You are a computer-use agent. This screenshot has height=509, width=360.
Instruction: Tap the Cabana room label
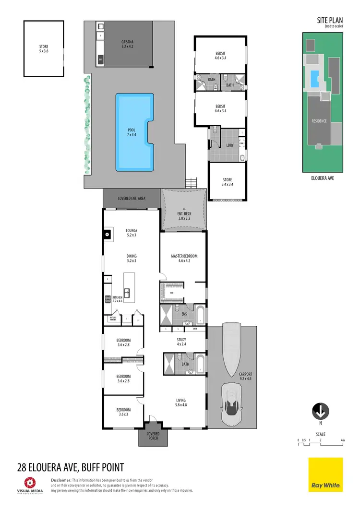(x=127, y=45)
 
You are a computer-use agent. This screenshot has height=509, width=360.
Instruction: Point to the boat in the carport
(x=233, y=350)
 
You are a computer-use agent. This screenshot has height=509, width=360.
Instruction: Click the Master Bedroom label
(x=184, y=259)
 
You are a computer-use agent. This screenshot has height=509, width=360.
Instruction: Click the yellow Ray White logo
(x=325, y=474)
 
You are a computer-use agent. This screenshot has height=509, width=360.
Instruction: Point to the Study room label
(x=181, y=342)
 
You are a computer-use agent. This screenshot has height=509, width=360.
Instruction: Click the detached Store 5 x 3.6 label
(x=44, y=48)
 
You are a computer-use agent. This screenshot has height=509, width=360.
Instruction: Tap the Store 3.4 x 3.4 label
(x=228, y=182)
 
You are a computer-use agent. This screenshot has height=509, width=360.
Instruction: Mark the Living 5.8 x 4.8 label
(x=180, y=402)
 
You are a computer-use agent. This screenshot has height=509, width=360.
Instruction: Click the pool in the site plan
(x=315, y=79)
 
